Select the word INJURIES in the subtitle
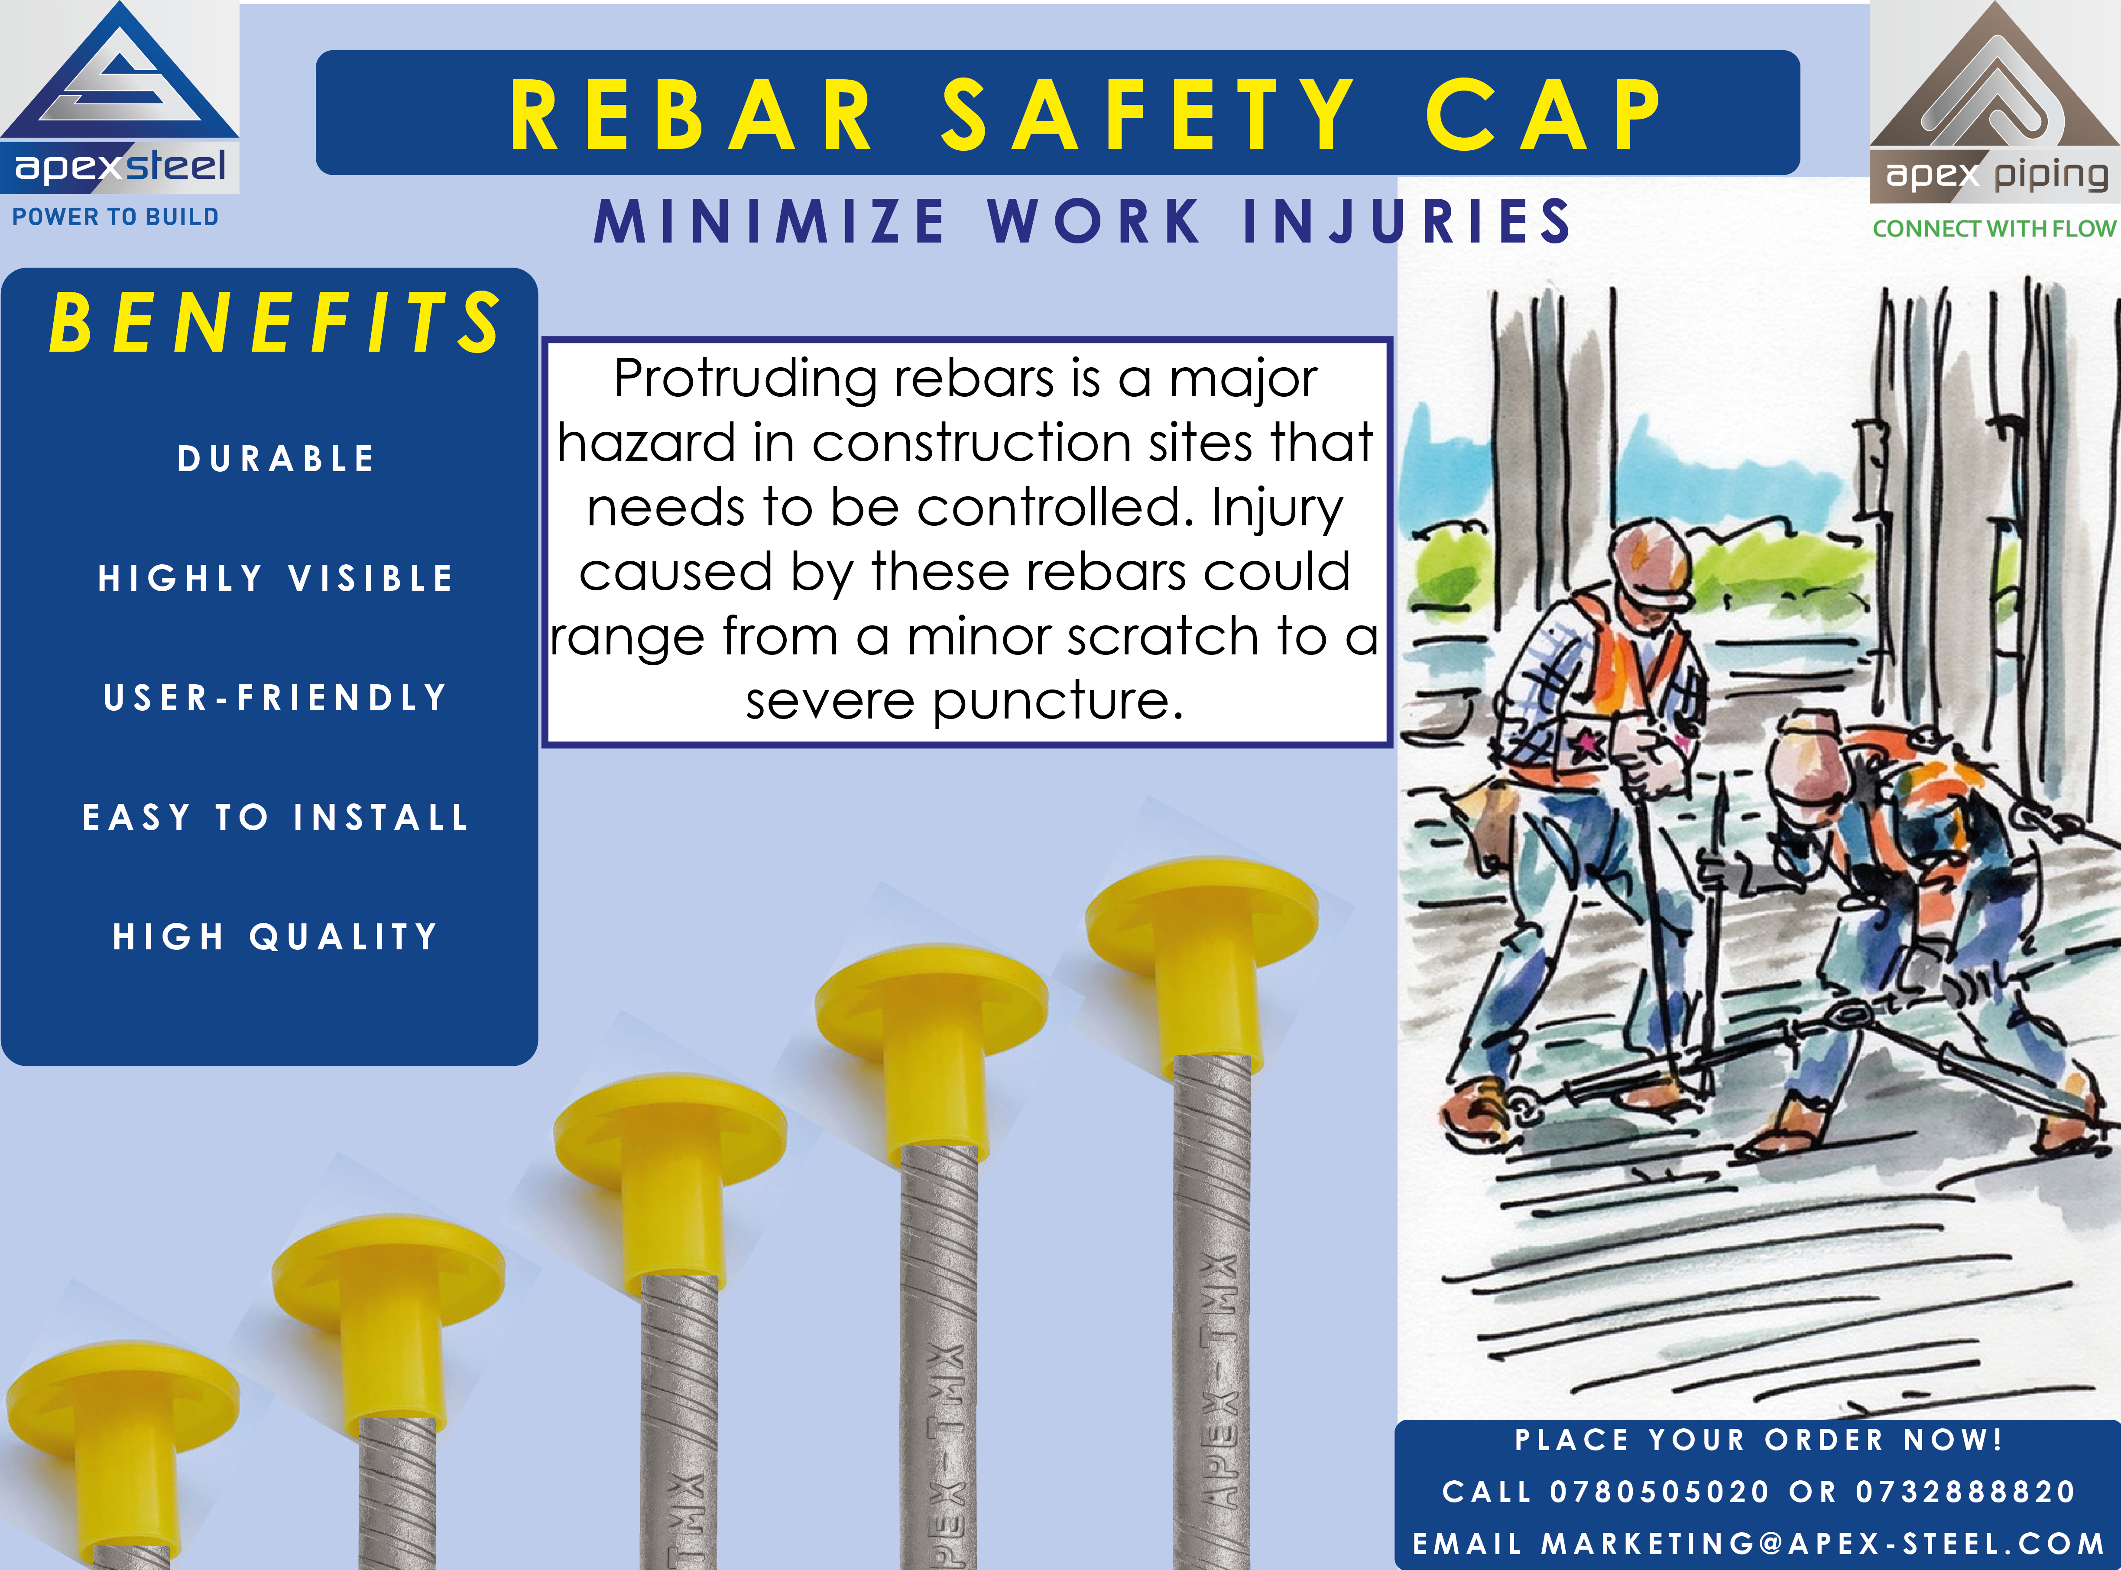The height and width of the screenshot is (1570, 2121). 1407,221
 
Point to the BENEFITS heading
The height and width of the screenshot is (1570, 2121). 275,323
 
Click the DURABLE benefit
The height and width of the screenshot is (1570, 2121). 276,459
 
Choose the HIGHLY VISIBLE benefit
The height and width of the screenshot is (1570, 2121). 276,578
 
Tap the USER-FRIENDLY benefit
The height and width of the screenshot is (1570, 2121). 276,698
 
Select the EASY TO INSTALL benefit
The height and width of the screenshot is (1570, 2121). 276,817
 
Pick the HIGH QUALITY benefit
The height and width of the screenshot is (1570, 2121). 276,937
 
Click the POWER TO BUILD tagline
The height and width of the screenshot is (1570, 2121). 115,217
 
